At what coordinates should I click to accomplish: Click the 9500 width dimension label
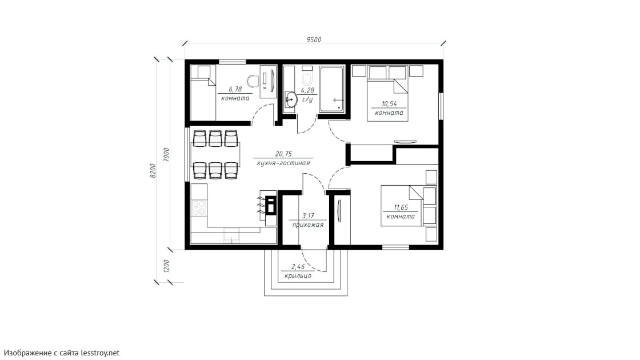click(314, 39)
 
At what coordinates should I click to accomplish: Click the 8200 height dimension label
click(153, 171)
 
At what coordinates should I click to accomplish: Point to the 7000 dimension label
click(166, 155)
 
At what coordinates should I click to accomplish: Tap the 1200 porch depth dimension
click(166, 266)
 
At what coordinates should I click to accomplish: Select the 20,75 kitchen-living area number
click(283, 154)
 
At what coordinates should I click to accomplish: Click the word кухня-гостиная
click(283, 163)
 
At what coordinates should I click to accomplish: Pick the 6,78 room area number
click(235, 89)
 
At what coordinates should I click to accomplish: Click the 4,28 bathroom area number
click(307, 90)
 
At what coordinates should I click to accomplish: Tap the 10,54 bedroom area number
click(389, 104)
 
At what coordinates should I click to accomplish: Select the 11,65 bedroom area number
click(401, 207)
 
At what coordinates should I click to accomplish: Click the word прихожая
click(308, 225)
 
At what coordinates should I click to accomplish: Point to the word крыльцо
click(298, 276)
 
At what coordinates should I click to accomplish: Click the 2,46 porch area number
click(298, 267)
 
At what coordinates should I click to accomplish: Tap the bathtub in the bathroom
click(332, 89)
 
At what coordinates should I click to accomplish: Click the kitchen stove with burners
click(199, 207)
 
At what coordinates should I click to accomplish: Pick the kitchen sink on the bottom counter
click(231, 235)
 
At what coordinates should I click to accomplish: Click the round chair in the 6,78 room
click(254, 79)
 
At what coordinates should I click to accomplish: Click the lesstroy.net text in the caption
click(101, 352)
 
